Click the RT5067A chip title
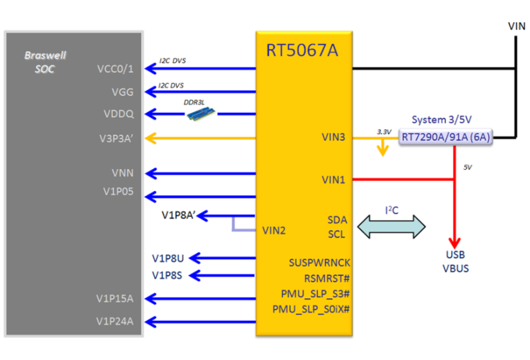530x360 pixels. coord(303,50)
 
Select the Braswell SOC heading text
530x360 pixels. coord(45,62)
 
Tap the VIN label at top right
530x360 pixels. coord(517,26)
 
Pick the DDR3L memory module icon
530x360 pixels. coord(200,114)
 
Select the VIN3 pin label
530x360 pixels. coord(333,137)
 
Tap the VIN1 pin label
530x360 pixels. coord(333,180)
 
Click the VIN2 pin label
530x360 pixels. coord(273,230)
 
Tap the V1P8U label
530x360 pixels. coord(167,258)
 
